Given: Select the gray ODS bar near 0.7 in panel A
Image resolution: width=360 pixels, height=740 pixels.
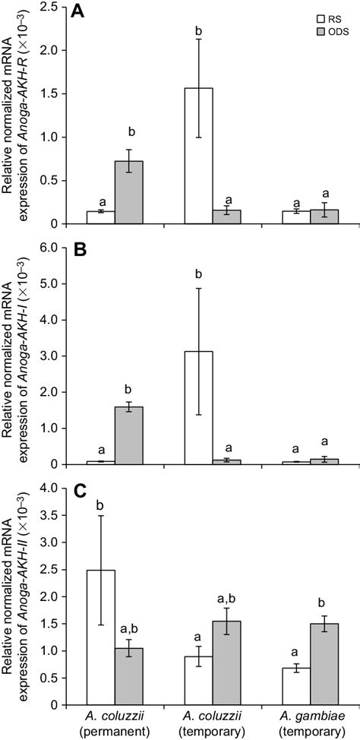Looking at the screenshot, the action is click(129, 192).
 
